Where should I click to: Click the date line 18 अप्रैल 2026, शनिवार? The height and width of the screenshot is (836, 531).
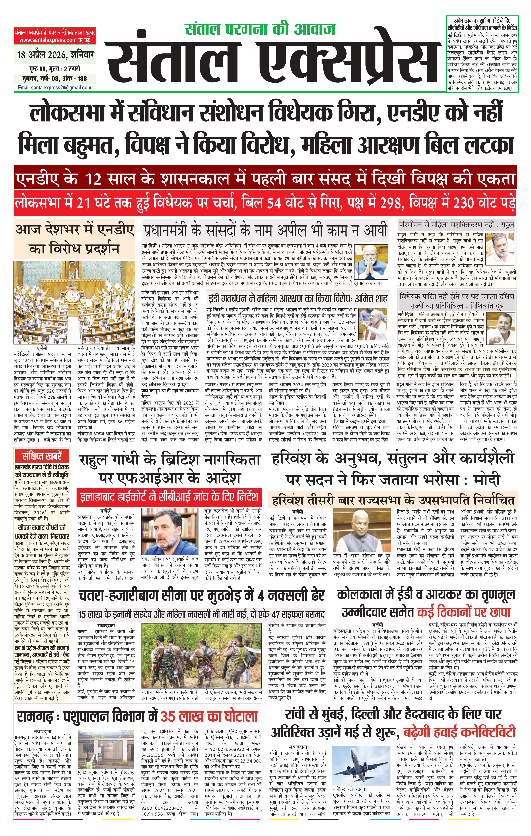pyautogui.click(x=56, y=55)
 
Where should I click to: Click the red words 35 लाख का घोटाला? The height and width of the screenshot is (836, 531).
pyautogui.click(x=209, y=716)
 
